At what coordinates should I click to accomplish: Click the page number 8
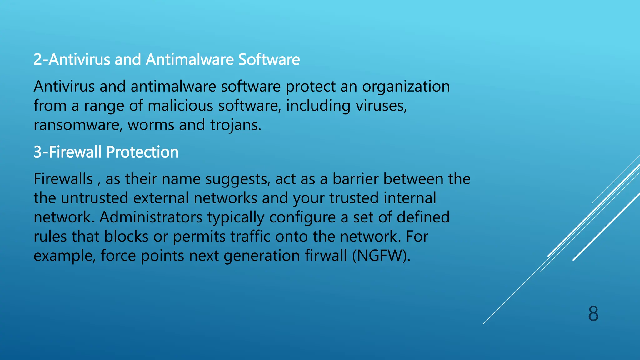tap(593, 314)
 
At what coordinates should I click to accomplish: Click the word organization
tap(406, 87)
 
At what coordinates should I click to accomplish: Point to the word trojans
tap(235, 125)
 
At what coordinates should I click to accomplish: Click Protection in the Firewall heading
tap(142, 152)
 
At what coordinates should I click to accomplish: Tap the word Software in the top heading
tap(269, 59)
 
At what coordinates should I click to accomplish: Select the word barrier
tap(355, 179)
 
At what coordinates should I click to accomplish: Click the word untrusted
tap(94, 198)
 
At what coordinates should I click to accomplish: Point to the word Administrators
tap(151, 217)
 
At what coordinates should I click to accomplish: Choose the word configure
tap(302, 217)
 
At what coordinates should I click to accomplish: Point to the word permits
tap(199, 237)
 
